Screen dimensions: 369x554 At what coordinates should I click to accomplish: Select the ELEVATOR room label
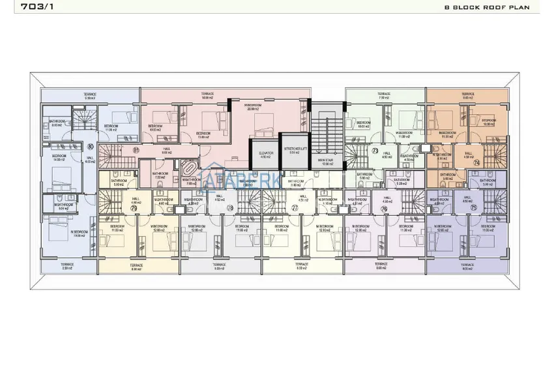[265, 155]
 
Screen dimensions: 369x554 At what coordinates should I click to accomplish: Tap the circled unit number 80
[89, 147]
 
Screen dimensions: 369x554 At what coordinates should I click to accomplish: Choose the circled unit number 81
[136, 151]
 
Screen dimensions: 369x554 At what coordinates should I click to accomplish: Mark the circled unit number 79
[134, 209]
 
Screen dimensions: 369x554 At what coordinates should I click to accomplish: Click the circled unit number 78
[229, 209]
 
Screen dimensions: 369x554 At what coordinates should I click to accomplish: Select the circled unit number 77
[295, 209]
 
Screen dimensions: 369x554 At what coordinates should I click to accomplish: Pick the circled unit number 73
[375, 151]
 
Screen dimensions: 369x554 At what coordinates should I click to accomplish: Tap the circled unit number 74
[476, 163]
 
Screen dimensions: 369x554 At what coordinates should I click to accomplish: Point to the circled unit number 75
[473, 209]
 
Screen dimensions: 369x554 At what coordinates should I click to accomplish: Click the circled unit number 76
[384, 209]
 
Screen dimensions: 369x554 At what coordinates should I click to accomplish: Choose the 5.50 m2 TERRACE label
[67, 266]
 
